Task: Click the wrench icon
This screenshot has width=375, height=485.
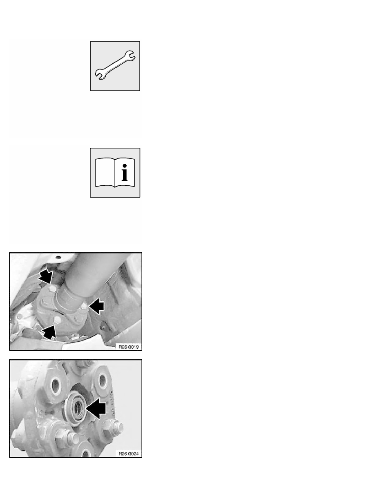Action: pos(115,65)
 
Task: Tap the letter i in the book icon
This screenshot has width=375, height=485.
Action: pos(124,173)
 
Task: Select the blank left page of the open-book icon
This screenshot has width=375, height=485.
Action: pos(105,173)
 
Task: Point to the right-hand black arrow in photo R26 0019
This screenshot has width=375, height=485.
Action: pos(96,306)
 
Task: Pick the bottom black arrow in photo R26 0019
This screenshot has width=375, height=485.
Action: pos(49,331)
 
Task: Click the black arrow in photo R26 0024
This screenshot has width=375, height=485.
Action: pos(96,408)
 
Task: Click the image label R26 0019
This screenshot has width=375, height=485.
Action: pos(129,347)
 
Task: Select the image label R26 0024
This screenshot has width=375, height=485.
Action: pos(129,454)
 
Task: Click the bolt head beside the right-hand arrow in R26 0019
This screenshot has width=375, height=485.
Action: pos(84,306)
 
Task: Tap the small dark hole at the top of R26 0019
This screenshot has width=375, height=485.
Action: pos(58,257)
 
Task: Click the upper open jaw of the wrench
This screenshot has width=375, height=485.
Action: pos(130,56)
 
